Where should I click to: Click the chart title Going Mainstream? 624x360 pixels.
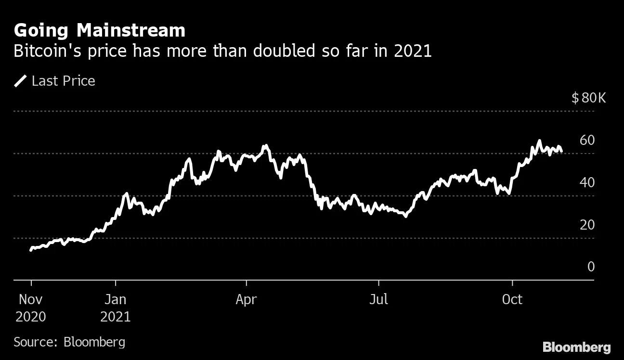(x=99, y=30)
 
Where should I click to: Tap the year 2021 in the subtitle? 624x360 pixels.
(x=412, y=51)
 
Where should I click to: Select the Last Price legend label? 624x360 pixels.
(x=63, y=81)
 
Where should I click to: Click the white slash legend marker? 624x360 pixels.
(x=21, y=81)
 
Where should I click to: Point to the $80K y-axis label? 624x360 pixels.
(x=588, y=98)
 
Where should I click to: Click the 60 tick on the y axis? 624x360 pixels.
(x=587, y=140)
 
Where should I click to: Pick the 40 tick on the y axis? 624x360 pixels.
(x=587, y=182)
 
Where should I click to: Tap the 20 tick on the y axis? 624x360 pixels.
(x=587, y=225)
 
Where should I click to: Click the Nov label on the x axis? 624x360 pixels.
(x=31, y=299)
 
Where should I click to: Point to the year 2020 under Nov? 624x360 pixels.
(x=31, y=317)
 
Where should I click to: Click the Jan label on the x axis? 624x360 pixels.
(x=116, y=299)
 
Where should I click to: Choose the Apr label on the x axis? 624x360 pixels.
(x=246, y=299)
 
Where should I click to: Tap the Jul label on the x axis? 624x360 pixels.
(x=379, y=299)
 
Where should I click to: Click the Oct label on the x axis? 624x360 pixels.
(x=512, y=299)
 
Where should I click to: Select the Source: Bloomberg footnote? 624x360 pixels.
(x=69, y=342)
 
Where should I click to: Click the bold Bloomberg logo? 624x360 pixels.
(x=576, y=347)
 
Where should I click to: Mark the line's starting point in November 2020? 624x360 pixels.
(x=31, y=249)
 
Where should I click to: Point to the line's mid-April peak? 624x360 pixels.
(x=264, y=145)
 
